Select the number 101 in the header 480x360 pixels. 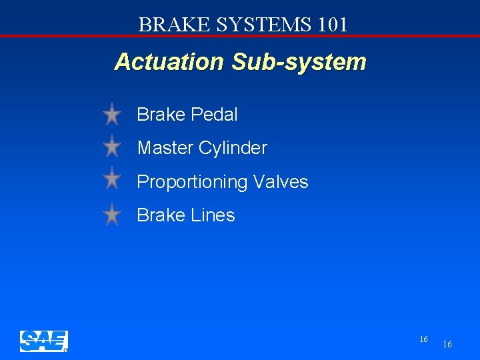pos(332,25)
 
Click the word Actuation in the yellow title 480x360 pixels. pos(169,62)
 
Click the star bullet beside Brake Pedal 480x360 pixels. pos(112,114)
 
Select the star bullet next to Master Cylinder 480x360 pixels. pos(112,146)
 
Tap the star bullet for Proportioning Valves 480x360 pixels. pos(112,179)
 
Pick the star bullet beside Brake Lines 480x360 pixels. pos(112,214)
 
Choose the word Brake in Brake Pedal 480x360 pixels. pos(160,115)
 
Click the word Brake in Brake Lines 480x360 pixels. pos(160,215)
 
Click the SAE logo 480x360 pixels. pos(43,341)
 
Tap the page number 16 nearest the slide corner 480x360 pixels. pos(447,345)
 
